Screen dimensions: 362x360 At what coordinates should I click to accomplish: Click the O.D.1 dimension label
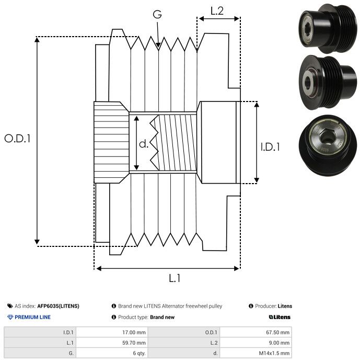[x=18, y=139]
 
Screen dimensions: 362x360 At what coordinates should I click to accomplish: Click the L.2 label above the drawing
[x=217, y=10]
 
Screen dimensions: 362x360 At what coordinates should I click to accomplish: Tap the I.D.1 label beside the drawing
[x=270, y=148]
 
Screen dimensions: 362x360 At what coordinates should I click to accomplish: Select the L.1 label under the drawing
[x=175, y=278]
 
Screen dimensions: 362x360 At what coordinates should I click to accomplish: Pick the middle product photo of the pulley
[x=328, y=78]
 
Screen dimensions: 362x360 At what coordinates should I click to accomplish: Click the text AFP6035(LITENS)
[x=59, y=306]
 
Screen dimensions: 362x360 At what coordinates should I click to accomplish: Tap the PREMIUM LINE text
[x=32, y=317]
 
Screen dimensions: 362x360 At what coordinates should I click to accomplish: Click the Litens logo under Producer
[x=280, y=317]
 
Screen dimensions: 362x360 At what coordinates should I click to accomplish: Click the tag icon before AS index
[x=10, y=306]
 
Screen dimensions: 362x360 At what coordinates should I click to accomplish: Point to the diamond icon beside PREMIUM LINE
[x=10, y=317]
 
